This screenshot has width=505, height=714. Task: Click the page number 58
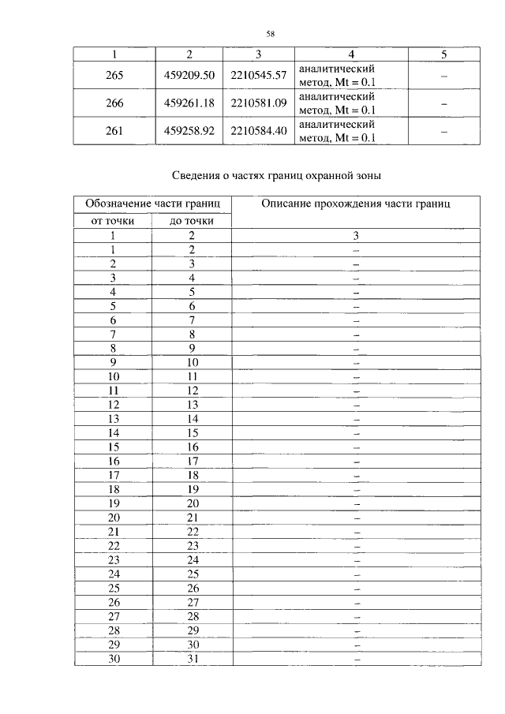point(269,33)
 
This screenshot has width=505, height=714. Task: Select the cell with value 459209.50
point(189,75)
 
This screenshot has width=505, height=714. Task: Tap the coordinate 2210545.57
point(258,75)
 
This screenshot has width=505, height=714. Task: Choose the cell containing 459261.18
point(189,103)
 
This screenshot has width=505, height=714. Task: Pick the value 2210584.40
point(258,131)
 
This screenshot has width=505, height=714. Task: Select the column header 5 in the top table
point(443,54)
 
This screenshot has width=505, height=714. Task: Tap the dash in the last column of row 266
point(443,103)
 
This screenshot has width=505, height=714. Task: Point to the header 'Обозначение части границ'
point(153,204)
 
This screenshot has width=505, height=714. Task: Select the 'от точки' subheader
point(114,221)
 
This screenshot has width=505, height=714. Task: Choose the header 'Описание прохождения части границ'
point(356,204)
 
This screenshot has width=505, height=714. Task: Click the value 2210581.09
point(258,103)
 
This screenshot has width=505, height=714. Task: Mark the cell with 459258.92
point(189,131)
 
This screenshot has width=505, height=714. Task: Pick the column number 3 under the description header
point(356,235)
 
